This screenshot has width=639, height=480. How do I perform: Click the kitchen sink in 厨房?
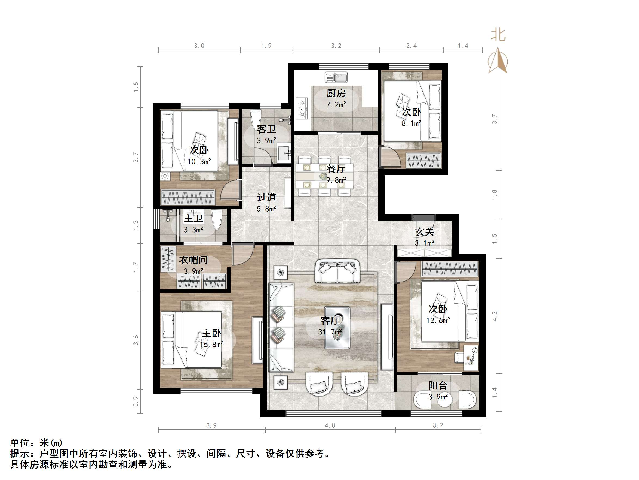click(336, 77)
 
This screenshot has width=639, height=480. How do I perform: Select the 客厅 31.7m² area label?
click(330, 326)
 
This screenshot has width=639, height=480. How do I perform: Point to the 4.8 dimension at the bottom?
click(330, 425)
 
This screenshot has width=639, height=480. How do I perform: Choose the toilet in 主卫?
click(216, 220)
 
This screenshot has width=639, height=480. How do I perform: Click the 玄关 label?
click(424, 232)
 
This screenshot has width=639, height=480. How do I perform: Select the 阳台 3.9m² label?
click(438, 391)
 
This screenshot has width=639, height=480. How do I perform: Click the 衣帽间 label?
click(193, 260)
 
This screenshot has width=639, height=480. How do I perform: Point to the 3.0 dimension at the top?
click(199, 46)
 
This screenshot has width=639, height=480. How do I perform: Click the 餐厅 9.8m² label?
click(336, 174)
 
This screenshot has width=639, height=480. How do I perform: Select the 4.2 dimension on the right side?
click(494, 316)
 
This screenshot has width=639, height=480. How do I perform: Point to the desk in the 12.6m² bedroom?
click(471, 358)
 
